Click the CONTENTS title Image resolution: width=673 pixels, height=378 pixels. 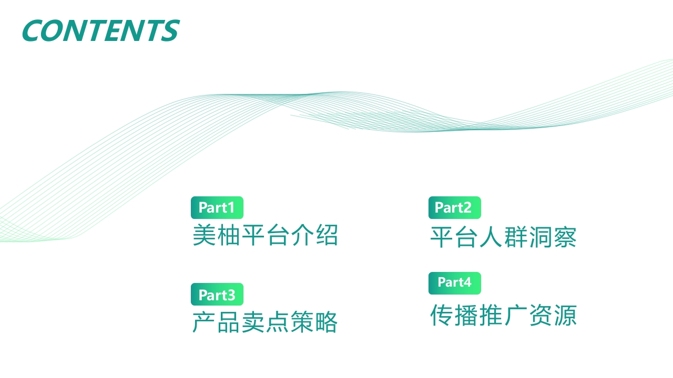tap(101, 30)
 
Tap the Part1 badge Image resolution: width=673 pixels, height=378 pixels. tap(217, 207)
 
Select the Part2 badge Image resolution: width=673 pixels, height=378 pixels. tap(455, 207)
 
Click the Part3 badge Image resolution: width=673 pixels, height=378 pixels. tap(217, 295)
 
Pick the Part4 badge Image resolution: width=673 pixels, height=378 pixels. tap(455, 283)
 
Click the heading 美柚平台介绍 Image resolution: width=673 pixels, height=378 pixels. tap(265, 235)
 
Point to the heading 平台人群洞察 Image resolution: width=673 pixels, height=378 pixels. tap(503, 237)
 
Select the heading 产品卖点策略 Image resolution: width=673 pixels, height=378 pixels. tap(265, 322)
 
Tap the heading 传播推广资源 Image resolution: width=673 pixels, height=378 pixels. tap(503, 315)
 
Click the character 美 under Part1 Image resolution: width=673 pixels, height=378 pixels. tap(205, 235)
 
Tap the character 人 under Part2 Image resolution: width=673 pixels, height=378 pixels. tap(491, 237)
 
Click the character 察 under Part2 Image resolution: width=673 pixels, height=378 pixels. tap(565, 237)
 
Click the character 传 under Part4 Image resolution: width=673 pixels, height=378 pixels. tap(442, 315)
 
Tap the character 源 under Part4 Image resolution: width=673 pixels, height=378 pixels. tap(565, 315)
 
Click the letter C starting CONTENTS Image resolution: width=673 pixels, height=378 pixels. tap(33, 30)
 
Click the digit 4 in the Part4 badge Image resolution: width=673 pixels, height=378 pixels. tap(467, 282)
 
